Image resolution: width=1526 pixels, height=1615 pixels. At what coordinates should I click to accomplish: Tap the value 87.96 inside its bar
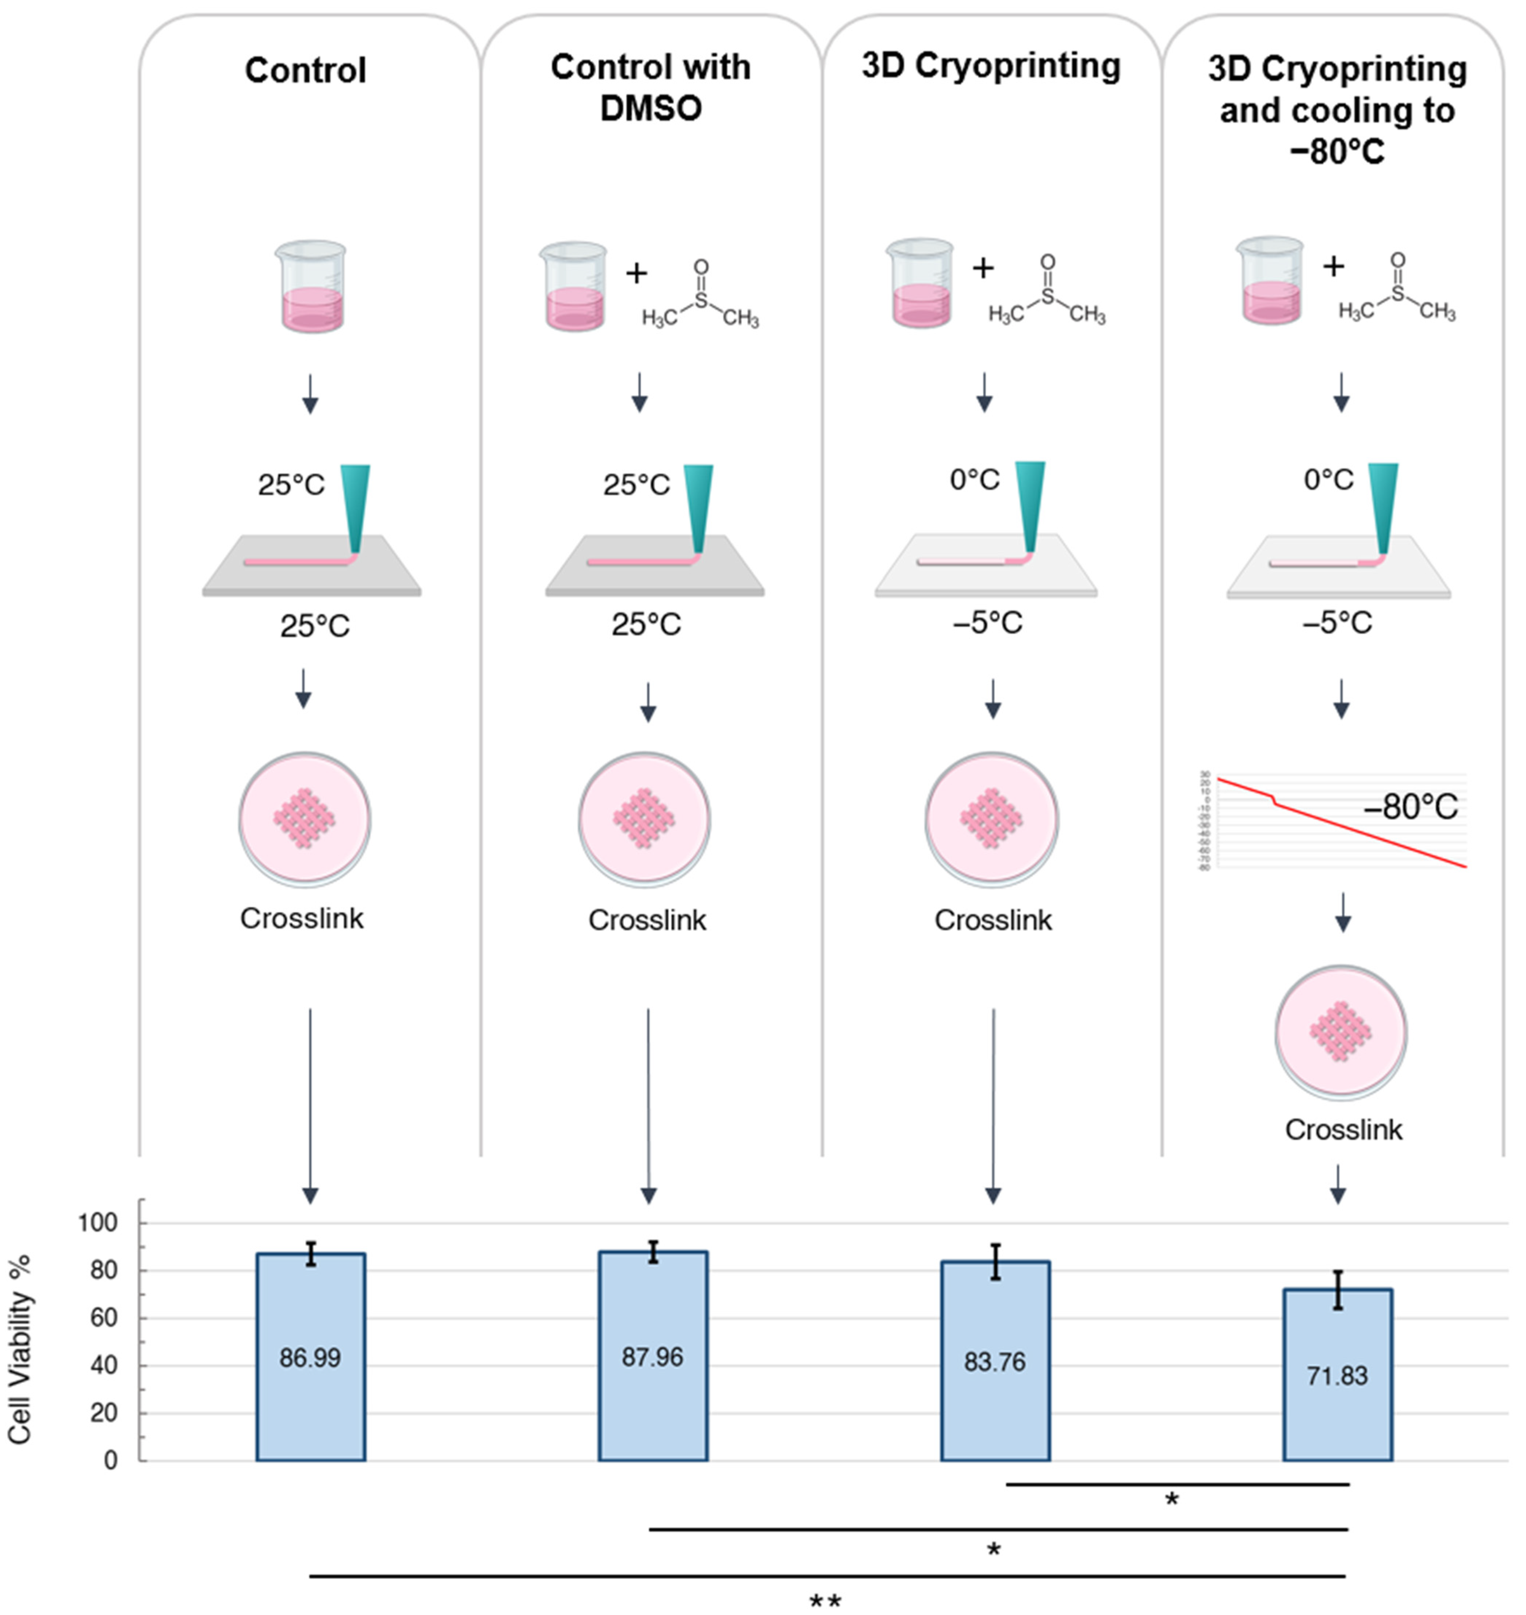pyautogui.click(x=653, y=1357)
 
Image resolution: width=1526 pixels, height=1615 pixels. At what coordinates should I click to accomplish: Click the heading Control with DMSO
pyautogui.click(x=651, y=87)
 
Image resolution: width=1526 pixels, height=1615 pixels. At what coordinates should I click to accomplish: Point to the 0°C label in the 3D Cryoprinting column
pyautogui.click(x=975, y=480)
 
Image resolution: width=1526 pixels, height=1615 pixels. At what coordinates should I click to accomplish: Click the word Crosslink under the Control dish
pyautogui.click(x=302, y=918)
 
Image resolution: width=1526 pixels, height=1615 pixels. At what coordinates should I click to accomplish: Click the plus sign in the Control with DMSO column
pyautogui.click(x=636, y=273)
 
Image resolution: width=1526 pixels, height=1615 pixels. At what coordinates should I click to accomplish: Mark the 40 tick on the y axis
pyautogui.click(x=104, y=1365)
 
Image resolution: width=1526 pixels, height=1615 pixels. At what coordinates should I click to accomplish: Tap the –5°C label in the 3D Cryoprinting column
pyautogui.click(x=987, y=623)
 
